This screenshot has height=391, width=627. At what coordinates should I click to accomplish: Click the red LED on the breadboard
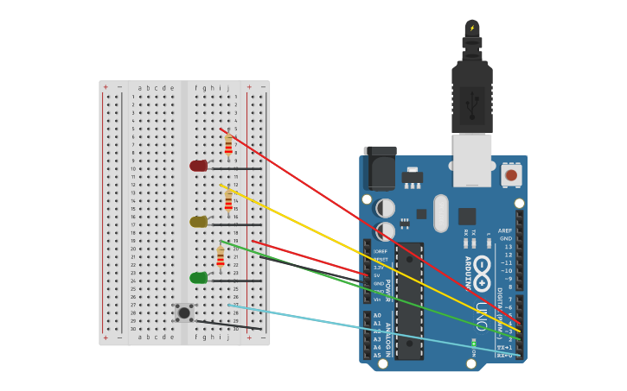(199, 166)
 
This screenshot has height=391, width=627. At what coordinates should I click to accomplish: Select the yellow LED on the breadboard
(199, 222)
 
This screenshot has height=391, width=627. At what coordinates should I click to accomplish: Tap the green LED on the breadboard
(199, 278)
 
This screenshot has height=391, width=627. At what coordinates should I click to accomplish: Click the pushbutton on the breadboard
(184, 312)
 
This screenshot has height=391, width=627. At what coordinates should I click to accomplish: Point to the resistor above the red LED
(228, 144)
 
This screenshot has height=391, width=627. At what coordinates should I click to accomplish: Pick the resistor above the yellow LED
(228, 200)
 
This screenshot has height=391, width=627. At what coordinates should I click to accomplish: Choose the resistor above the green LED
(221, 256)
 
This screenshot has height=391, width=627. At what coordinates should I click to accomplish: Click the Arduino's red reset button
(511, 175)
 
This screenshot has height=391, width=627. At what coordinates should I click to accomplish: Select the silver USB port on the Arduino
(472, 160)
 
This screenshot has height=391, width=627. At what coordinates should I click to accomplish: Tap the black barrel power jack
(380, 167)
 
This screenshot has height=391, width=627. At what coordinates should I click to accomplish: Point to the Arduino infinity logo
(482, 267)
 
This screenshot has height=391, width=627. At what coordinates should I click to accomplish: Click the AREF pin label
(505, 231)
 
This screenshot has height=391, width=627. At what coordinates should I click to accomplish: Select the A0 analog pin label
(377, 316)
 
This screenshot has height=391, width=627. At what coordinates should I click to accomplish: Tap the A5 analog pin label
(377, 355)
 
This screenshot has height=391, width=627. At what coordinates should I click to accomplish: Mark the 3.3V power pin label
(379, 268)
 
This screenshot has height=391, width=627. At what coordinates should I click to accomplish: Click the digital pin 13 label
(508, 247)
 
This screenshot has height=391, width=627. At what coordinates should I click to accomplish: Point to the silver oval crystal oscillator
(441, 213)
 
